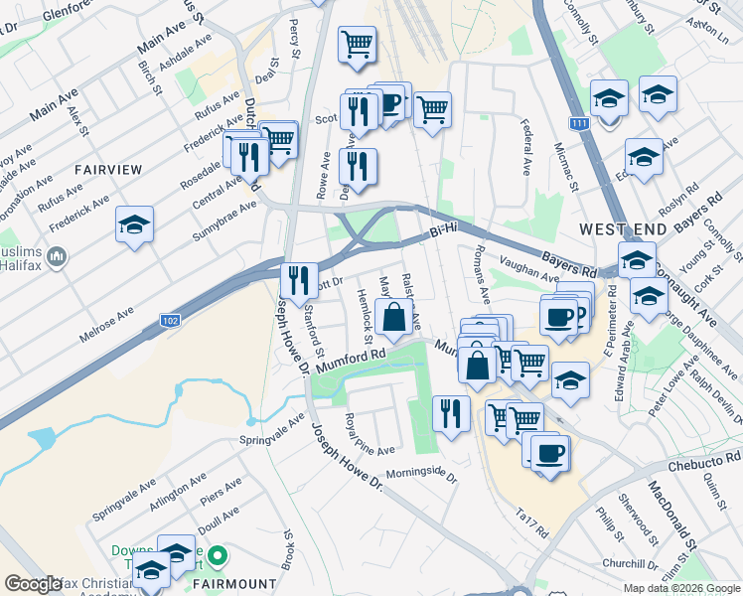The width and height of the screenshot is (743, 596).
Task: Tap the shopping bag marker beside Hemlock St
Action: click(x=394, y=318)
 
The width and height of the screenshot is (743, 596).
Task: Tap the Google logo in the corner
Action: click(x=33, y=584)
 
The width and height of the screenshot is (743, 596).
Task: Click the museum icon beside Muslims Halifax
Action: click(x=57, y=257)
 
